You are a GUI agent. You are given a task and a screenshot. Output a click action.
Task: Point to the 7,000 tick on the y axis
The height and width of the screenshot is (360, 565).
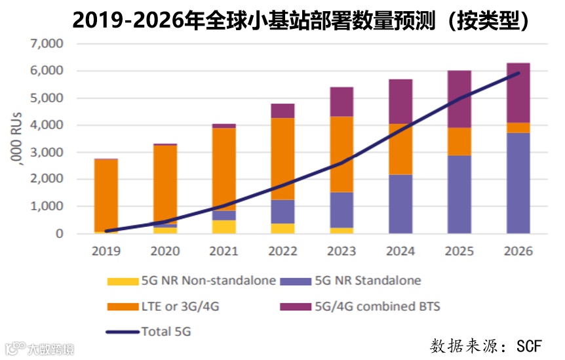pos(46,44)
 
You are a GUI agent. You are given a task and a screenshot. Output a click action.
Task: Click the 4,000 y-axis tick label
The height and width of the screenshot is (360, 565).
pos(46,125)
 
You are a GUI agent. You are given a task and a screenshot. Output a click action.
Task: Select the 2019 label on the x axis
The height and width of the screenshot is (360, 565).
pos(106,250)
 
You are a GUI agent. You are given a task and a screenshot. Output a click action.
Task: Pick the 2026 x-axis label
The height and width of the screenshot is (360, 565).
pos(518,250)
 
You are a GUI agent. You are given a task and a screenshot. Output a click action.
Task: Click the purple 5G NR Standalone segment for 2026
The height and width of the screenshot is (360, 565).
pos(518,184)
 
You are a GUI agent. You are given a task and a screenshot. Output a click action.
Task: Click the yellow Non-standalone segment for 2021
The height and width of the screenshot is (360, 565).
pos(224,227)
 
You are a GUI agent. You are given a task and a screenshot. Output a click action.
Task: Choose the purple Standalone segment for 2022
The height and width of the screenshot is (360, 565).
pos(283,211)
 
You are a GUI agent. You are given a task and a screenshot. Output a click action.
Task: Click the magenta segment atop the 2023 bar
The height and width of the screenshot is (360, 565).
pos(342,102)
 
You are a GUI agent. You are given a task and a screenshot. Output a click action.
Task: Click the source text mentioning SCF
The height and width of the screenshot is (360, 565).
pos(486,346)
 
